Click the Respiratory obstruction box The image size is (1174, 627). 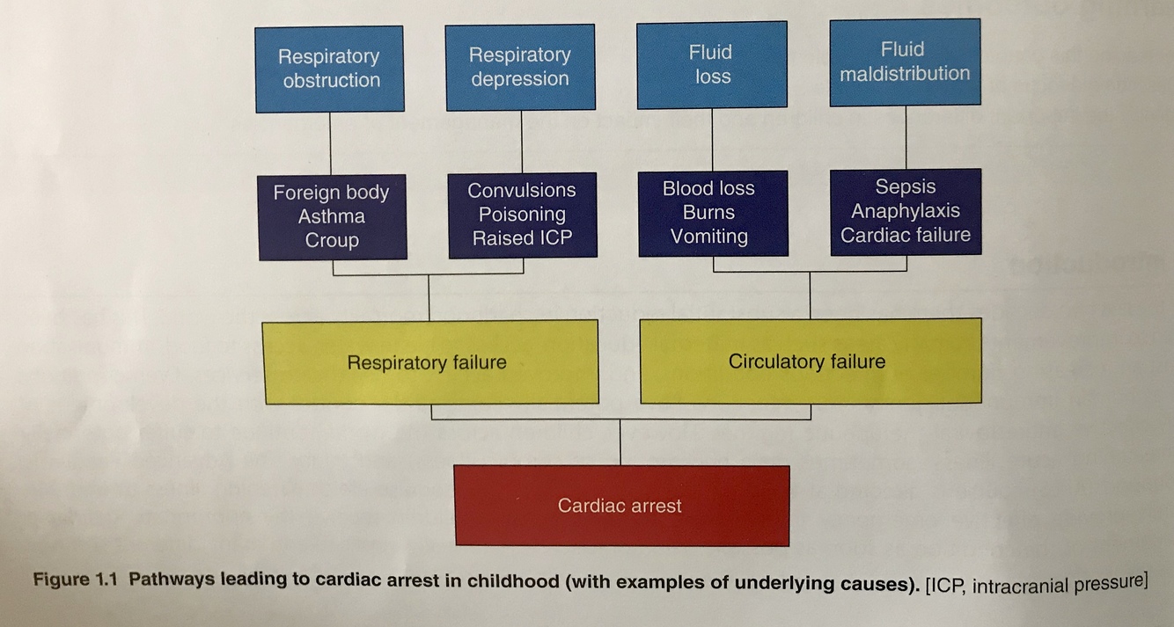click(x=330, y=69)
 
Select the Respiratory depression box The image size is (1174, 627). click(x=520, y=67)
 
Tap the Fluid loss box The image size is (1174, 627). click(x=712, y=64)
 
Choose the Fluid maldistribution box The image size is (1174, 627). click(x=905, y=62)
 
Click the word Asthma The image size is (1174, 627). click(x=331, y=216)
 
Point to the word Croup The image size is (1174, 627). click(x=331, y=240)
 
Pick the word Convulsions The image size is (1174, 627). click(x=522, y=190)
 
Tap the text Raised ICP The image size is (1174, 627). click(x=522, y=238)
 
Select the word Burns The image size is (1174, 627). click(x=708, y=212)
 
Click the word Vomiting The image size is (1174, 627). click(x=708, y=237)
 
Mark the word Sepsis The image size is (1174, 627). click(x=906, y=186)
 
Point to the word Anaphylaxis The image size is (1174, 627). click(x=906, y=211)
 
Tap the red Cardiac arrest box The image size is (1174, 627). click(x=621, y=506)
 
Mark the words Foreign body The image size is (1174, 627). click(x=331, y=193)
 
